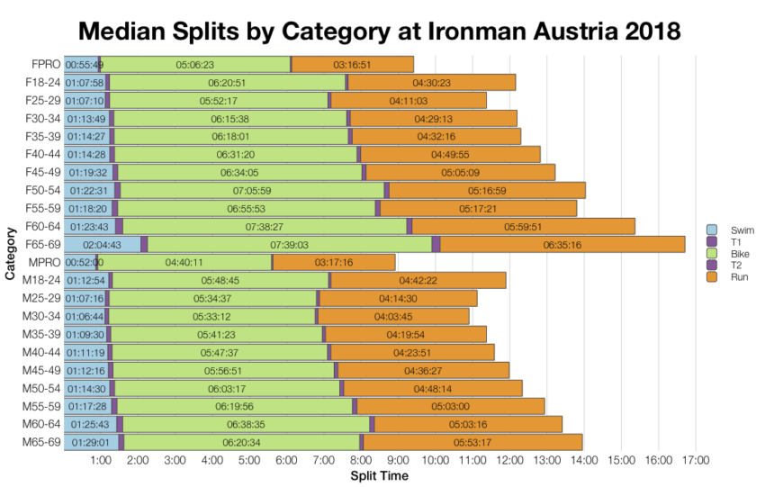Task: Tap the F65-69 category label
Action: click(x=40, y=244)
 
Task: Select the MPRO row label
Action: click(x=42, y=262)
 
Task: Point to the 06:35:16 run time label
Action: click(x=562, y=245)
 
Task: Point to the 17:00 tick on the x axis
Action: click(x=695, y=461)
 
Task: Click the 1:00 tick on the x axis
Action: click(x=101, y=461)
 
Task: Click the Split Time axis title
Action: click(x=379, y=475)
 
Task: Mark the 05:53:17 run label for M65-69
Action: click(x=472, y=442)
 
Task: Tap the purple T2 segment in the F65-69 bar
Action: click(x=436, y=245)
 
